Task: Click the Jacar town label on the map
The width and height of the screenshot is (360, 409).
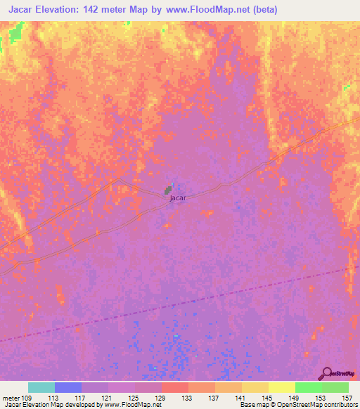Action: pyautogui.click(x=177, y=198)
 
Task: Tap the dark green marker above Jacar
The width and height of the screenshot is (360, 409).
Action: pyautogui.click(x=168, y=190)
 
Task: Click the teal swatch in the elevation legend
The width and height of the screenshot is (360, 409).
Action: pyautogui.click(x=41, y=387)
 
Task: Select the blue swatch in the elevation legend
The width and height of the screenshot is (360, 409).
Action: pyautogui.click(x=68, y=387)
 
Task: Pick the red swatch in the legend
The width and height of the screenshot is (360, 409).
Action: pyautogui.click(x=175, y=387)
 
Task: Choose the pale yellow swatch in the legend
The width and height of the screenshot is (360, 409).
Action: pyautogui.click(x=282, y=387)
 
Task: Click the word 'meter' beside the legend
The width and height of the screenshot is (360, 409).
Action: pyautogui.click(x=11, y=398)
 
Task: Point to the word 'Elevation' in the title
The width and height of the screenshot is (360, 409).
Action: pyautogui.click(x=67, y=10)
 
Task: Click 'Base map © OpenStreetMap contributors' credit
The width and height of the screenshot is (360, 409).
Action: pyautogui.click(x=297, y=405)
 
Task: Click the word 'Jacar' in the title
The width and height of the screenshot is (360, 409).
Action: pyautogui.click(x=20, y=10)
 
